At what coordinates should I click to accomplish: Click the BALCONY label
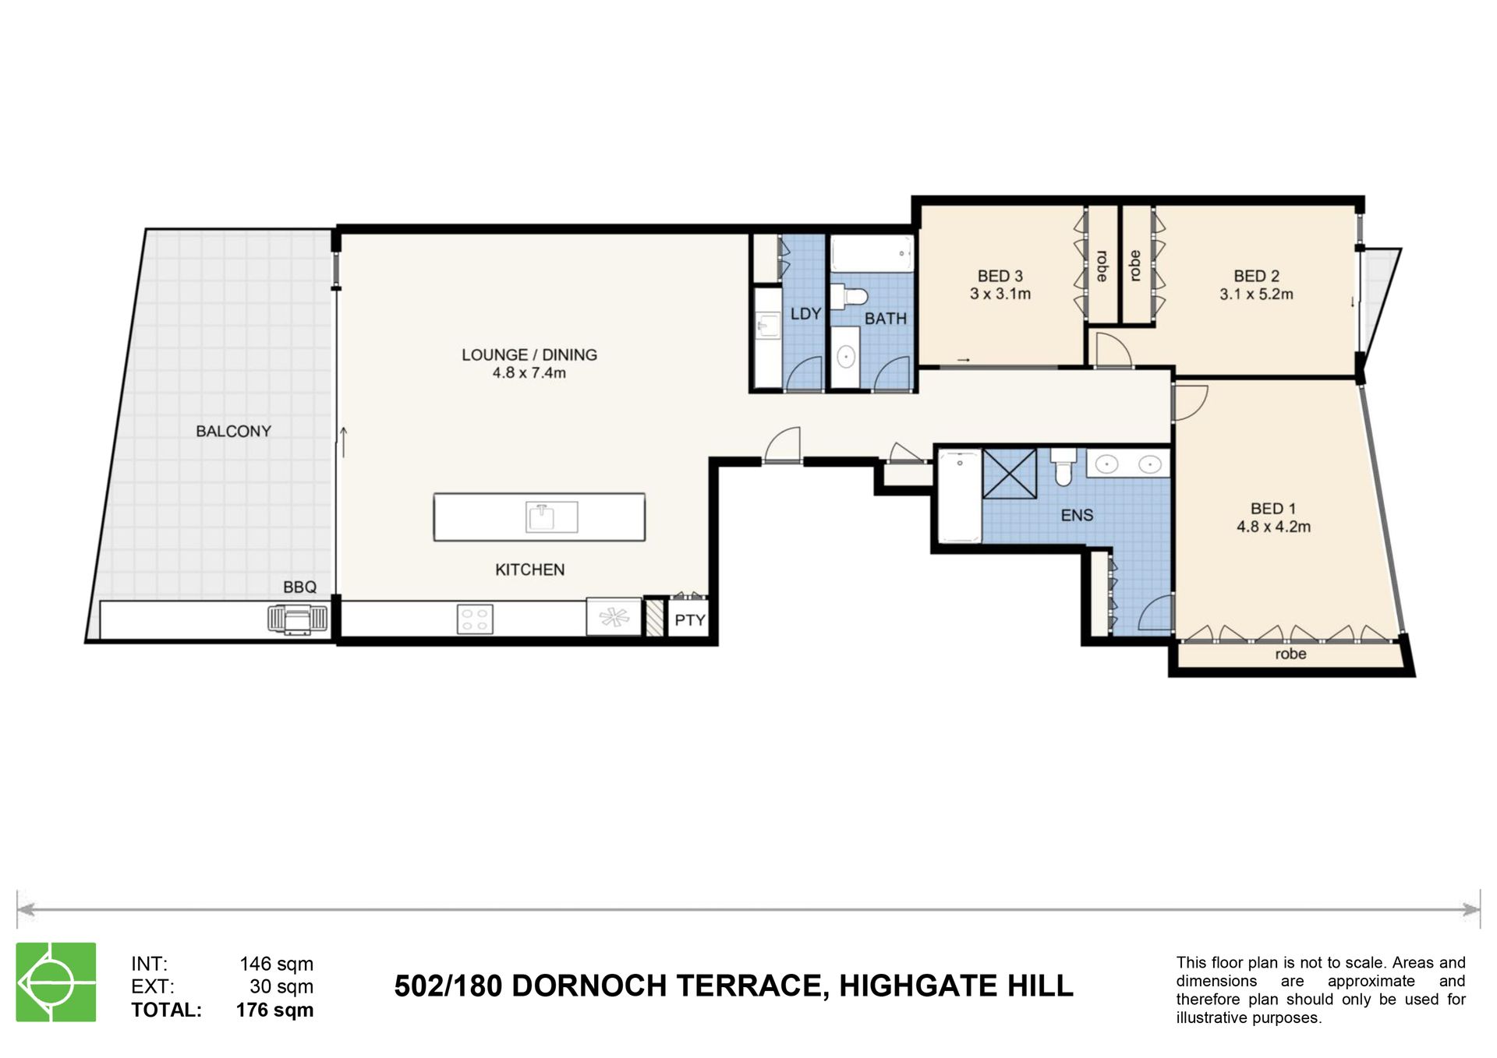click(233, 432)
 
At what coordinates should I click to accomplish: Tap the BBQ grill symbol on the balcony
click(298, 620)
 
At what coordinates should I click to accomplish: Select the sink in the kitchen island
click(551, 517)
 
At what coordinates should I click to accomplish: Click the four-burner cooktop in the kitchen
click(475, 619)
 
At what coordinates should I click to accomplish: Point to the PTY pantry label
click(690, 621)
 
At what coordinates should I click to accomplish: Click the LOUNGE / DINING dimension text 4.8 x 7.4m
click(529, 373)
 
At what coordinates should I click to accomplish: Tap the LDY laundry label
click(805, 314)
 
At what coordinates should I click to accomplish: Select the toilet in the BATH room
click(850, 297)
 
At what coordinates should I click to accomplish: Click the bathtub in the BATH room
click(872, 253)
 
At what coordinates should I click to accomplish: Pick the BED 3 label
click(1000, 277)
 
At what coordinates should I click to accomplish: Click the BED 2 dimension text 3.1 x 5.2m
click(1256, 294)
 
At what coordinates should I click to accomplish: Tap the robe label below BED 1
click(1290, 654)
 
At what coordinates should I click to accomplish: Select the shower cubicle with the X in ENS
click(1010, 474)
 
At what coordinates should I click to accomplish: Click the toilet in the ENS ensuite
click(1063, 467)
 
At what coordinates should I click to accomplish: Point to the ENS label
click(1077, 516)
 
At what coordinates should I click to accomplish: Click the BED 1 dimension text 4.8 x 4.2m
click(1273, 527)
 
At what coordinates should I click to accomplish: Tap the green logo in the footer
click(56, 982)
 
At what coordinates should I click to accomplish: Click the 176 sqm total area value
click(274, 1010)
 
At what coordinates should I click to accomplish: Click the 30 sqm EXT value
click(281, 987)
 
